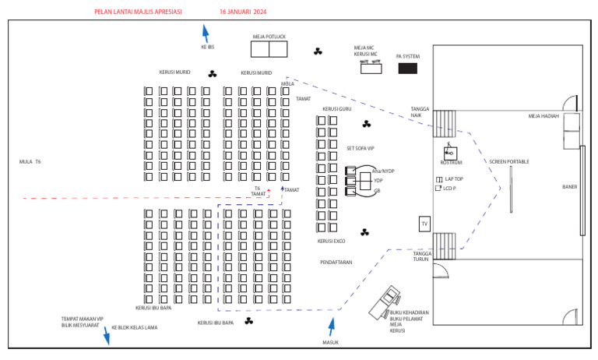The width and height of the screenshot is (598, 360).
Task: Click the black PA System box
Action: tap(407, 69)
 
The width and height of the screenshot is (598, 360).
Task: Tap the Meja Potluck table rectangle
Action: tap(269, 49)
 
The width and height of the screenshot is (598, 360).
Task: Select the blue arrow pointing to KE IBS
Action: tap(206, 34)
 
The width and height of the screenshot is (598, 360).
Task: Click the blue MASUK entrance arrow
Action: tap(332, 326)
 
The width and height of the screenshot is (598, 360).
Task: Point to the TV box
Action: tap(424, 224)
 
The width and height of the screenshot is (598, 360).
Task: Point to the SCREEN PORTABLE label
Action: tap(509, 161)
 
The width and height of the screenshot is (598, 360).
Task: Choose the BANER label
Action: tap(570, 186)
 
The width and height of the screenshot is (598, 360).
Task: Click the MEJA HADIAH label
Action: tap(545, 116)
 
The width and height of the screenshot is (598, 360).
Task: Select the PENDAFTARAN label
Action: tap(336, 263)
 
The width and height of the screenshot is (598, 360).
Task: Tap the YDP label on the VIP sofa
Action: tap(378, 180)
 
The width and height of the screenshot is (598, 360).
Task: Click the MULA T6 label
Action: tap(30, 161)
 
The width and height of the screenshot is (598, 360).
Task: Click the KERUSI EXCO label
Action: tap(331, 241)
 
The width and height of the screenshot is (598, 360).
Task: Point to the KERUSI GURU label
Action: tap(337, 109)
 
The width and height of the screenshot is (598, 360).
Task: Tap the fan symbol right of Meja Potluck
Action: tap(318, 51)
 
